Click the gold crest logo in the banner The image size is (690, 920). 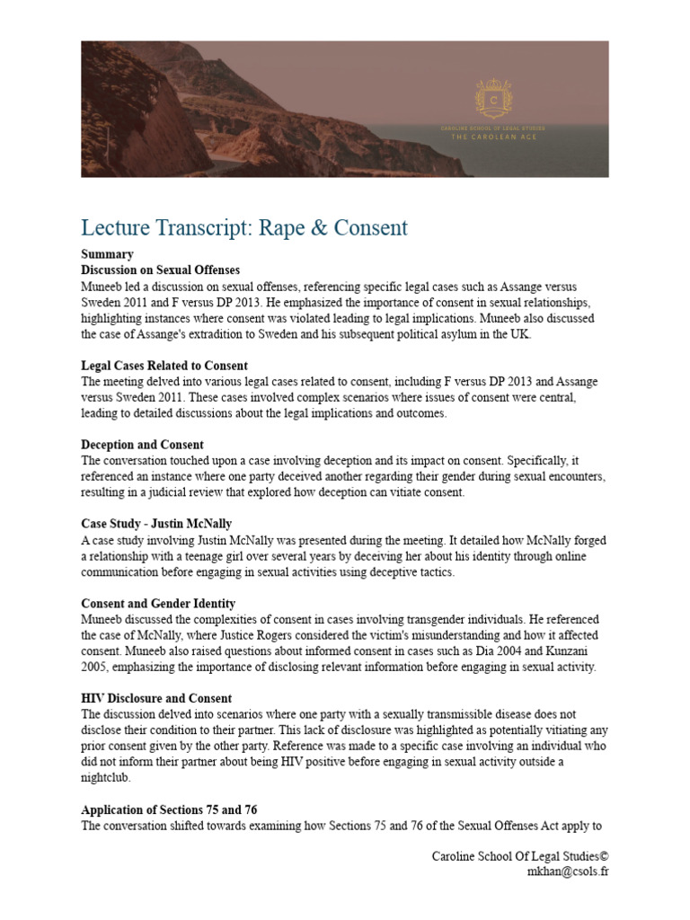(x=493, y=98)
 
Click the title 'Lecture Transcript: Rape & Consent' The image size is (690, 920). (x=244, y=227)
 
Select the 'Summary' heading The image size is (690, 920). (x=107, y=254)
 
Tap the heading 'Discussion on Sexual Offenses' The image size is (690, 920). (x=161, y=270)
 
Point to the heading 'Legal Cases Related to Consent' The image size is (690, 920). (x=164, y=366)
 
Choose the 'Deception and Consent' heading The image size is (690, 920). (x=142, y=445)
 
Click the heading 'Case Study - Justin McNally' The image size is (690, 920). (x=157, y=524)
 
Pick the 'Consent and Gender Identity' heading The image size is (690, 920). (x=158, y=603)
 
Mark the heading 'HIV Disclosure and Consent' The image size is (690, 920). (x=156, y=698)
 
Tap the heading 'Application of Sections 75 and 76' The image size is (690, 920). (x=172, y=809)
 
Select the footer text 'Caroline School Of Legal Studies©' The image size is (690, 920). (x=520, y=855)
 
